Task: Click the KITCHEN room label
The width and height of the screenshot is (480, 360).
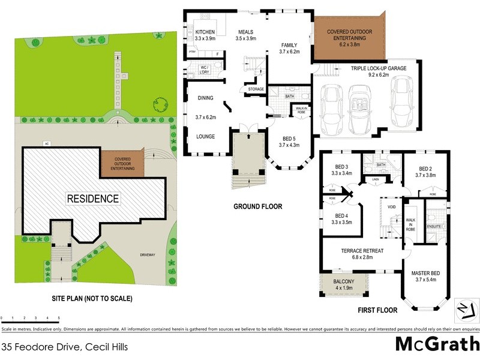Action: pos(205,32)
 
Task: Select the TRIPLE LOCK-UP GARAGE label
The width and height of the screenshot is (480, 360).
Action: pos(379,68)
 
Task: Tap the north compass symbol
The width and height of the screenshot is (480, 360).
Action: pos(464,309)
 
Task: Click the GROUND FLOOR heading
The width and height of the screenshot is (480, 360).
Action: pos(257,206)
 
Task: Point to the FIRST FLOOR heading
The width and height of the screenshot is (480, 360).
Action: pos(378,310)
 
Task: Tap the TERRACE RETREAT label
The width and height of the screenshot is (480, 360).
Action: pos(362,251)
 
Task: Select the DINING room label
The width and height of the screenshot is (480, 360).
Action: pos(206,98)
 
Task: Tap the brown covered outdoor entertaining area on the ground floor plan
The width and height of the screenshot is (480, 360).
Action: pos(348,37)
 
